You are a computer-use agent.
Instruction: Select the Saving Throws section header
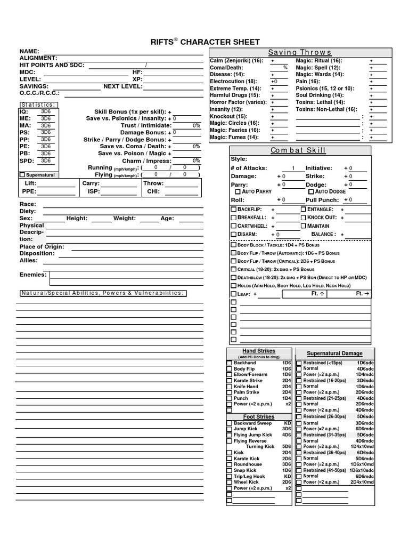[299, 52]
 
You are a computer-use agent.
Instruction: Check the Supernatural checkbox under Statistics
[22, 174]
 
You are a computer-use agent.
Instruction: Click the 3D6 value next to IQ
[46, 111]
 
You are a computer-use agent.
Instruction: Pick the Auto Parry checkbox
[238, 191]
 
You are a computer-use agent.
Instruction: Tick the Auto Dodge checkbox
[311, 191]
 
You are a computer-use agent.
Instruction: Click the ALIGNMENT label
[38, 58]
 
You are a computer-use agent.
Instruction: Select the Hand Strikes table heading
[259, 351]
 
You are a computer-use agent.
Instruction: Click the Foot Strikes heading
[259, 416]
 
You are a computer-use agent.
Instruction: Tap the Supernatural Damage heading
[334, 354]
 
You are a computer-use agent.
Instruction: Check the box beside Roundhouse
[230, 464]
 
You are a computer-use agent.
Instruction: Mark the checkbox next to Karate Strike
[230, 381]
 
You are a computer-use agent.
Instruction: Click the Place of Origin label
[42, 247]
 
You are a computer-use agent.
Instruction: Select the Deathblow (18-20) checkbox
[233, 278]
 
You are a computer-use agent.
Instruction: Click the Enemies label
[33, 275]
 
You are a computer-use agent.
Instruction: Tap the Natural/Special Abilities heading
[102, 293]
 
